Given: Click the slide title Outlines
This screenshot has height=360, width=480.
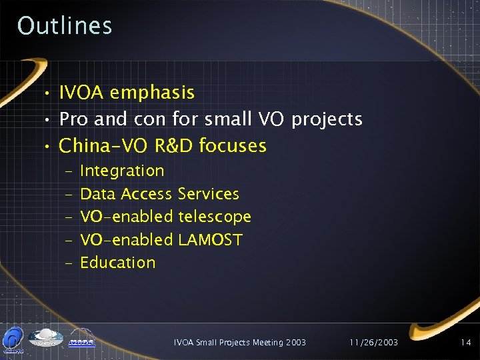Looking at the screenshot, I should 65,26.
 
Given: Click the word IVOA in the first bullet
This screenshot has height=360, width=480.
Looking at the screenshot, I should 82,93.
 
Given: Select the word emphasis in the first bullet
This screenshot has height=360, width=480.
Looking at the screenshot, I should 153,93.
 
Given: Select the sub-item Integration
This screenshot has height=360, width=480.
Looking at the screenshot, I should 122,171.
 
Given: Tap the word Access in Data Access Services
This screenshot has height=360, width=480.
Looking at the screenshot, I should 147,194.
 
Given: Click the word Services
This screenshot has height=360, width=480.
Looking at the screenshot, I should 209,194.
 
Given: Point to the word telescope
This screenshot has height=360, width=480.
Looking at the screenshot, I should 215,217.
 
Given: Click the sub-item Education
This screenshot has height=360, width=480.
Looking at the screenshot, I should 117,263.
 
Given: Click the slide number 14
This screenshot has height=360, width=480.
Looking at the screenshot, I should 465,343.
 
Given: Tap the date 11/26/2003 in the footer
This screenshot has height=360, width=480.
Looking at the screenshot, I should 373,343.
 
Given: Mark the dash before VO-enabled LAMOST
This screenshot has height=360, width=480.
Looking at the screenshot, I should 69,240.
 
